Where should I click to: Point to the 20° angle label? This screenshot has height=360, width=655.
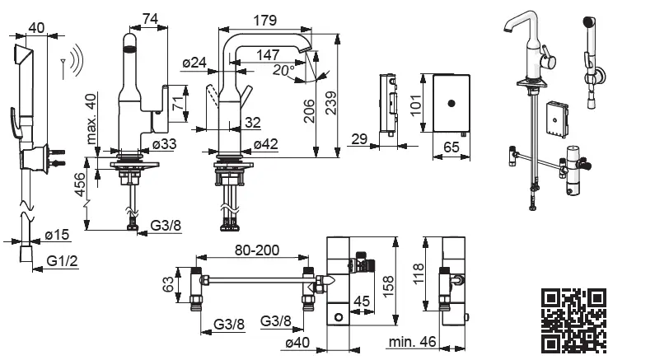coord(284,71)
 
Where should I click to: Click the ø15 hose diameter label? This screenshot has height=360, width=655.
coord(56,236)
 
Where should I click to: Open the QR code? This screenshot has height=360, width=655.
coord(574,320)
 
